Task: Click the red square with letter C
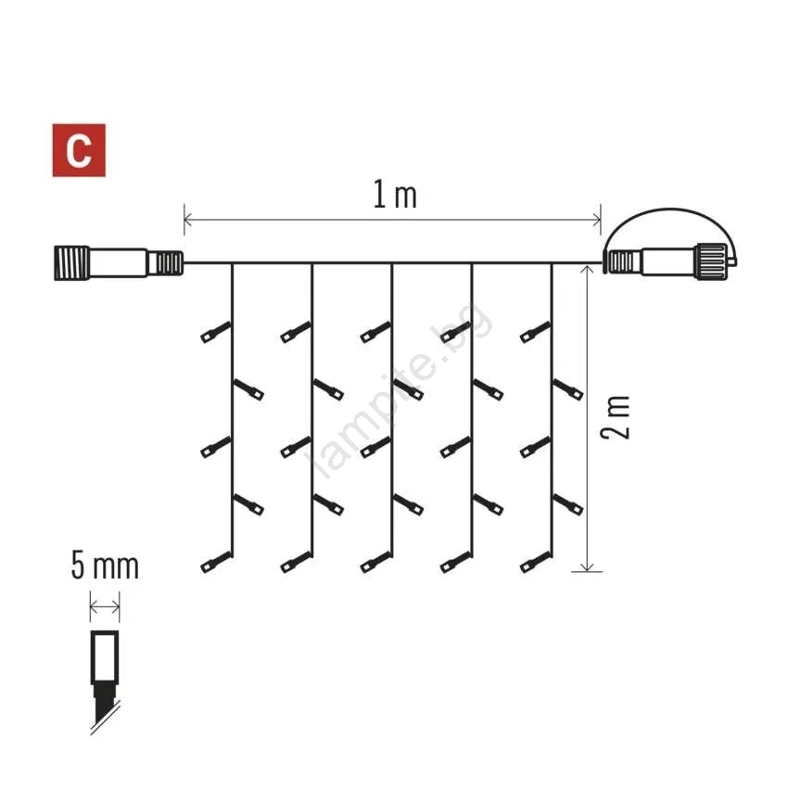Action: coord(79,150)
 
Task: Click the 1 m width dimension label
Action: coord(395,195)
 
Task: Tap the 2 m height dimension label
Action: coord(616,417)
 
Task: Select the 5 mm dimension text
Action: coord(105,566)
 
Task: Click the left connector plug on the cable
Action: coord(118,263)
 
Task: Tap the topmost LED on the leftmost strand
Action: coord(216,333)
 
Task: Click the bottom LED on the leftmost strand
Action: coord(216,563)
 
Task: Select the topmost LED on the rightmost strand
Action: coord(536,333)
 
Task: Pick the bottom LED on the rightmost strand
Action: coord(536,563)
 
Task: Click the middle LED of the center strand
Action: coord(375,447)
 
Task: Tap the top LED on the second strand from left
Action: coord(296,333)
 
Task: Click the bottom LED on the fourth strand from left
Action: coord(456,563)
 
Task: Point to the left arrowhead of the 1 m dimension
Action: coord(188,220)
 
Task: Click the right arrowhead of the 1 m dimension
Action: coord(596,220)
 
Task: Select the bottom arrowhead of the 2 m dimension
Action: coord(587,567)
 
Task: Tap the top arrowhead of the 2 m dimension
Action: coord(587,271)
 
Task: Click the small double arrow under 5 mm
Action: coord(105,606)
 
